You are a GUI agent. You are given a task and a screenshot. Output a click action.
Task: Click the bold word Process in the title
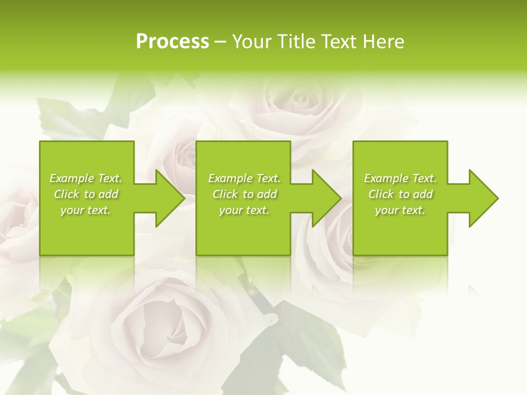coord(172,42)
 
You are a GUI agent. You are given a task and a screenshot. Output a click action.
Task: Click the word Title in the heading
coord(295,42)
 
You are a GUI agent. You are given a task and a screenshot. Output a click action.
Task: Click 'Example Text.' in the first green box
coord(86,178)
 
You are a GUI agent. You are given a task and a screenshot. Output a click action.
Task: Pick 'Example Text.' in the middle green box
coord(244,178)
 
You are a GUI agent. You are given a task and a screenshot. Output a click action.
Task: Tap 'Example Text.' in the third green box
coord(400,178)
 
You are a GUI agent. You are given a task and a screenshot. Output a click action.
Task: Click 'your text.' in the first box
coord(86,210)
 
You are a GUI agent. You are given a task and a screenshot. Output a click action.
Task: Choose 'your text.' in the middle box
coord(244,210)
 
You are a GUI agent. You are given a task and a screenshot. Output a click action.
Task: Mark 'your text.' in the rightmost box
coord(400,210)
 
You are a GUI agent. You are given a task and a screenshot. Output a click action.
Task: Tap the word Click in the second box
coord(225,194)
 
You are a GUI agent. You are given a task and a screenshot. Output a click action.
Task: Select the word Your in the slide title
coord(251,42)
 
